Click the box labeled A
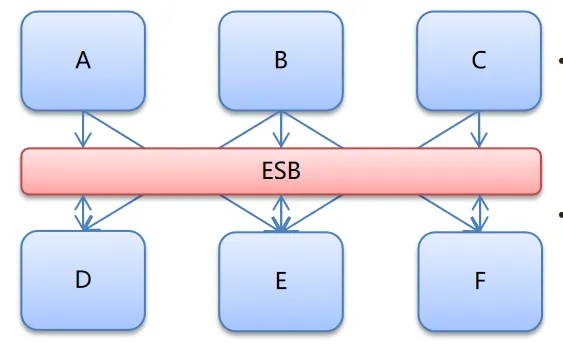[83, 61]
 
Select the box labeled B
[281, 61]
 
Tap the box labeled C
[479, 61]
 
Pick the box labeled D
[83, 280]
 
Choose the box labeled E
[281, 282]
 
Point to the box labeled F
[480, 282]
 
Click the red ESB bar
[281, 171]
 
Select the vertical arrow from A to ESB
[83, 130]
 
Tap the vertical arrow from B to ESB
[281, 130]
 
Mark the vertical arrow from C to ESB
[479, 130]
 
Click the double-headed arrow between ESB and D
[83, 213]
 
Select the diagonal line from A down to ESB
[113, 130]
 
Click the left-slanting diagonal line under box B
[250, 130]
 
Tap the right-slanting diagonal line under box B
[312, 130]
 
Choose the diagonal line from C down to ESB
[448, 130]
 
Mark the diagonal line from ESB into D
[113, 213]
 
